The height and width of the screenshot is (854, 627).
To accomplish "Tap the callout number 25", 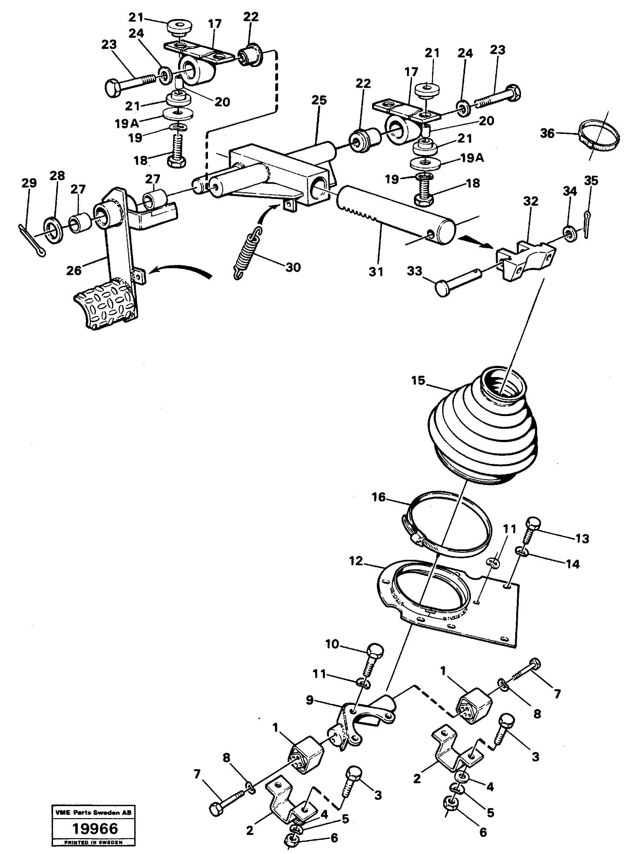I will (319, 101).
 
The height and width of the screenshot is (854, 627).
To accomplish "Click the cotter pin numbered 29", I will (31, 241).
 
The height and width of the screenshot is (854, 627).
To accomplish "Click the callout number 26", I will (74, 270).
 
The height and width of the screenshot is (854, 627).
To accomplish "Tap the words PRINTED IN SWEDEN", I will (93, 842).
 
